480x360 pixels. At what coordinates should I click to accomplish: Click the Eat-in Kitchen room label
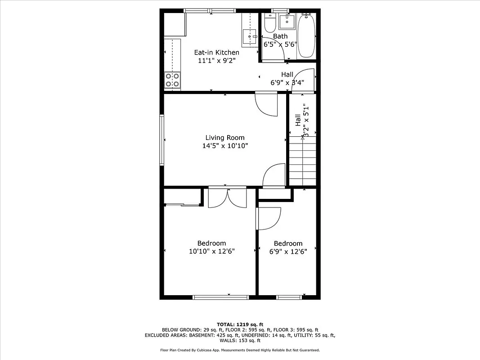coord(216,52)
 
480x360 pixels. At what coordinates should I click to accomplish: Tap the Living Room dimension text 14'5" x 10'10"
coord(225,146)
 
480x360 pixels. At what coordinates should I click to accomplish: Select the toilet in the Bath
coord(269,22)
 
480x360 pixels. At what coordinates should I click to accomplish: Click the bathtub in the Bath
coord(307,36)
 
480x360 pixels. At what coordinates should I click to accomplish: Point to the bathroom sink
coord(286,21)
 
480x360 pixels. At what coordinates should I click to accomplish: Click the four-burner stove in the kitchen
coord(172,80)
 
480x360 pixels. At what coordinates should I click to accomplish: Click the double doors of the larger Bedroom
coord(228,197)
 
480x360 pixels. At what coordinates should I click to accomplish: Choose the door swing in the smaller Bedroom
coord(269,218)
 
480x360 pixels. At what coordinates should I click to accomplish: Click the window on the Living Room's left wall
coord(161,140)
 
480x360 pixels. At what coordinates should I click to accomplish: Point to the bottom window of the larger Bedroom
coord(220,297)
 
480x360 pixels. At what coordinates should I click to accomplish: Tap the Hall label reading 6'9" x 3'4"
coord(287,79)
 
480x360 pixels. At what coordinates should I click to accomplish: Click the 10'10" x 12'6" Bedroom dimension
coord(211,251)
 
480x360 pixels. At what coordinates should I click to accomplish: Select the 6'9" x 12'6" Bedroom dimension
coord(288,251)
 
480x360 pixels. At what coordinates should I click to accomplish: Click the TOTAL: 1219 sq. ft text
coord(240,324)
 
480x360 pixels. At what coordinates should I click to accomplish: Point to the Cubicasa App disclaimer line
coord(240,350)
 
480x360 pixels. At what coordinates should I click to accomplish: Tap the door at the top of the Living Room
coord(267,104)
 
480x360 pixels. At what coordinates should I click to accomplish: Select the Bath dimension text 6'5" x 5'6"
coord(280,44)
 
